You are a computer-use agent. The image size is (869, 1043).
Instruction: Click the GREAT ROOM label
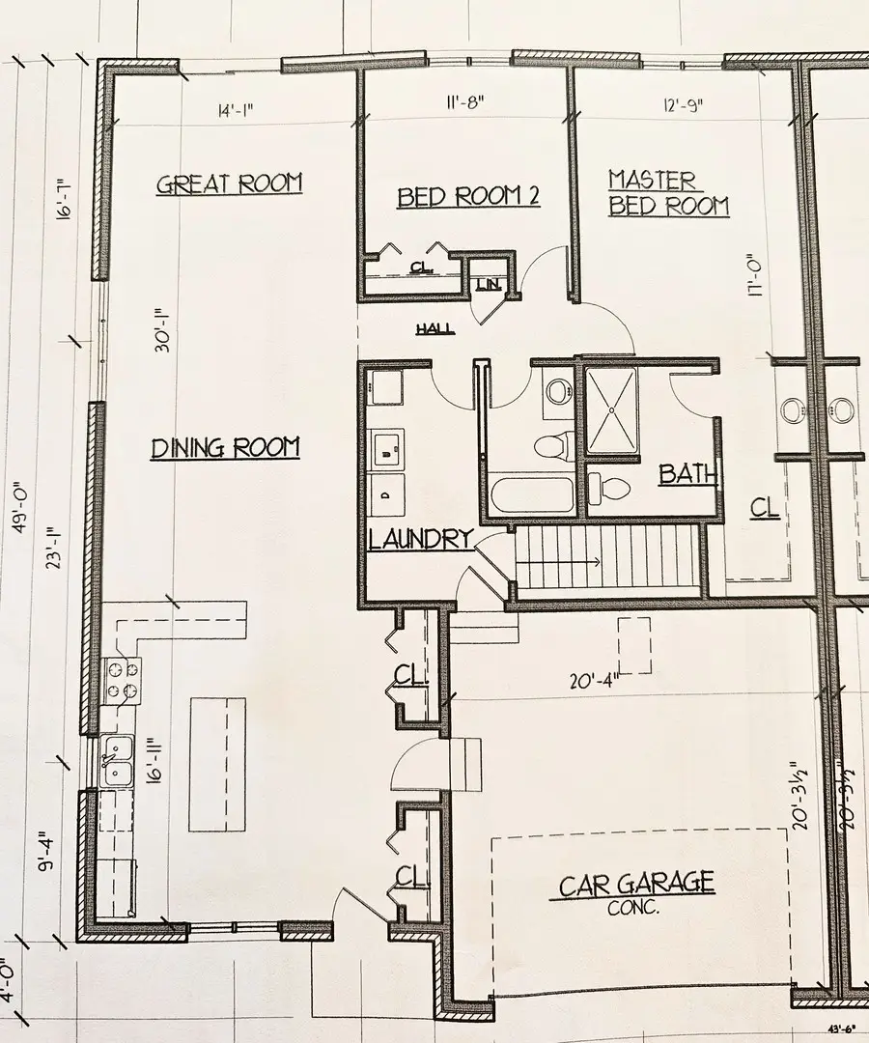click(229, 183)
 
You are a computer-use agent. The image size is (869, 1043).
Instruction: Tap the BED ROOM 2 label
click(468, 197)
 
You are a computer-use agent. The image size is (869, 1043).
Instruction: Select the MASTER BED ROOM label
click(667, 193)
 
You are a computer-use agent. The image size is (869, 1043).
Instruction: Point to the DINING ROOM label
click(225, 448)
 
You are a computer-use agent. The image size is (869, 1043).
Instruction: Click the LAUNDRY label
click(421, 539)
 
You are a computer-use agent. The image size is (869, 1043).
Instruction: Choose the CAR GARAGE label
click(636, 883)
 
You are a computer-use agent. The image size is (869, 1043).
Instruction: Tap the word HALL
click(435, 329)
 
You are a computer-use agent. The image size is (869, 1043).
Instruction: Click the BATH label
click(688, 474)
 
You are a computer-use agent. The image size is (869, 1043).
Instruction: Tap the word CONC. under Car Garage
click(632, 908)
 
